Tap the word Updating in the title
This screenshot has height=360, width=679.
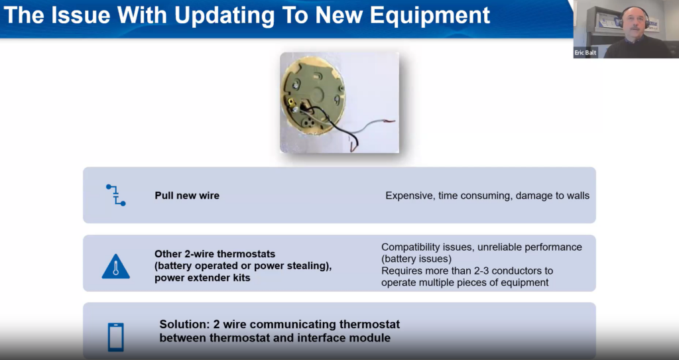click(225, 16)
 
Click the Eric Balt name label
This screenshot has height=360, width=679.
click(586, 53)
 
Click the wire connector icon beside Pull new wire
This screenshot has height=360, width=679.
click(115, 196)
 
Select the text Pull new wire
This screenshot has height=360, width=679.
click(187, 196)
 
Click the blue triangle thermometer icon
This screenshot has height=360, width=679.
click(115, 266)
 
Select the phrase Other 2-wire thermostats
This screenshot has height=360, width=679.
click(215, 254)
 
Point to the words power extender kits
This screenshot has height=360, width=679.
click(202, 278)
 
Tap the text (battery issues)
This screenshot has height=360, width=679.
click(416, 259)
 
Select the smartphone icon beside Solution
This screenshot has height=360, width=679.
click(115, 337)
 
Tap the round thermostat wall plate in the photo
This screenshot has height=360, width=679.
click(313, 95)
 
